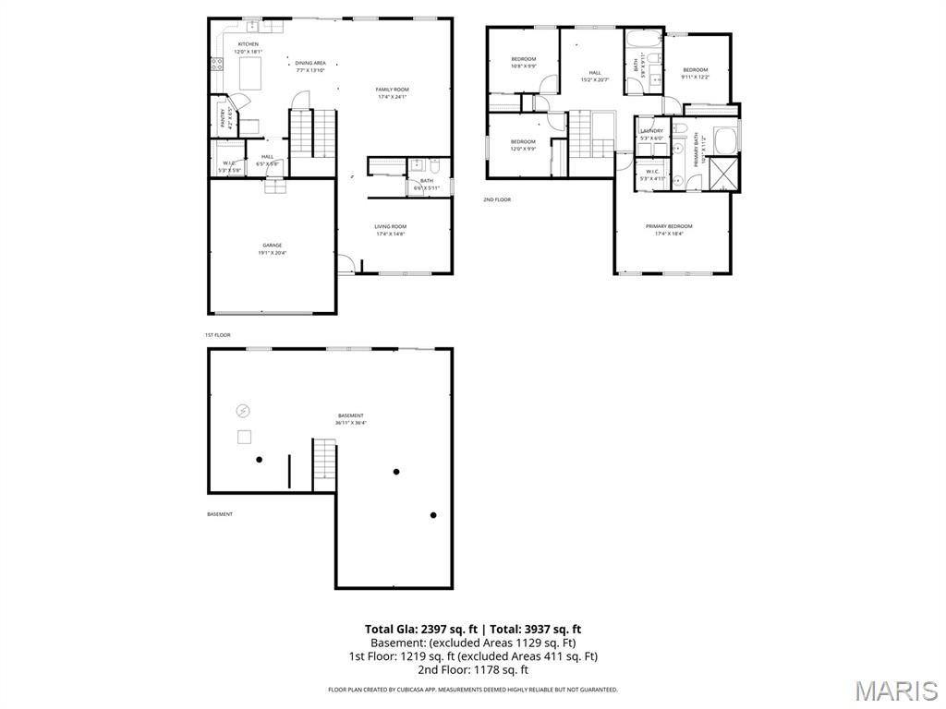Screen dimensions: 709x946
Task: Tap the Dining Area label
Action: coord(310,63)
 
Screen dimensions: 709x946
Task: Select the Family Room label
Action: coord(392,90)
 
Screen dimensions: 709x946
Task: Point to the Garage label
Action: coord(272,245)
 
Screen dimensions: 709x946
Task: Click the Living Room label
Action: coord(391,226)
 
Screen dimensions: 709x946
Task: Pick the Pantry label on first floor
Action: coord(223,117)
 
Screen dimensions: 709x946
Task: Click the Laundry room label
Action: coord(651,131)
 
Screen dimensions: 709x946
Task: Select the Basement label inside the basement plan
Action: coord(350,415)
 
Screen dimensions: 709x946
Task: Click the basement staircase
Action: coord(323,464)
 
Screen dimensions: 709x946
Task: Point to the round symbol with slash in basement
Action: coord(244,411)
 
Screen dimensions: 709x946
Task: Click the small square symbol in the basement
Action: coord(244,438)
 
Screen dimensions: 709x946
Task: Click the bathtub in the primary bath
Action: coord(724,140)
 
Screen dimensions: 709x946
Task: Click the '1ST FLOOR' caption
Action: coord(217,335)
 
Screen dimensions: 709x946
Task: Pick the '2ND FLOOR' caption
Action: coord(496,199)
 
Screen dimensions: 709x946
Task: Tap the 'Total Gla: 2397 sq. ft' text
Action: coord(421,630)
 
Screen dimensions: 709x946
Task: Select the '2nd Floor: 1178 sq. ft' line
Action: coord(473,669)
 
